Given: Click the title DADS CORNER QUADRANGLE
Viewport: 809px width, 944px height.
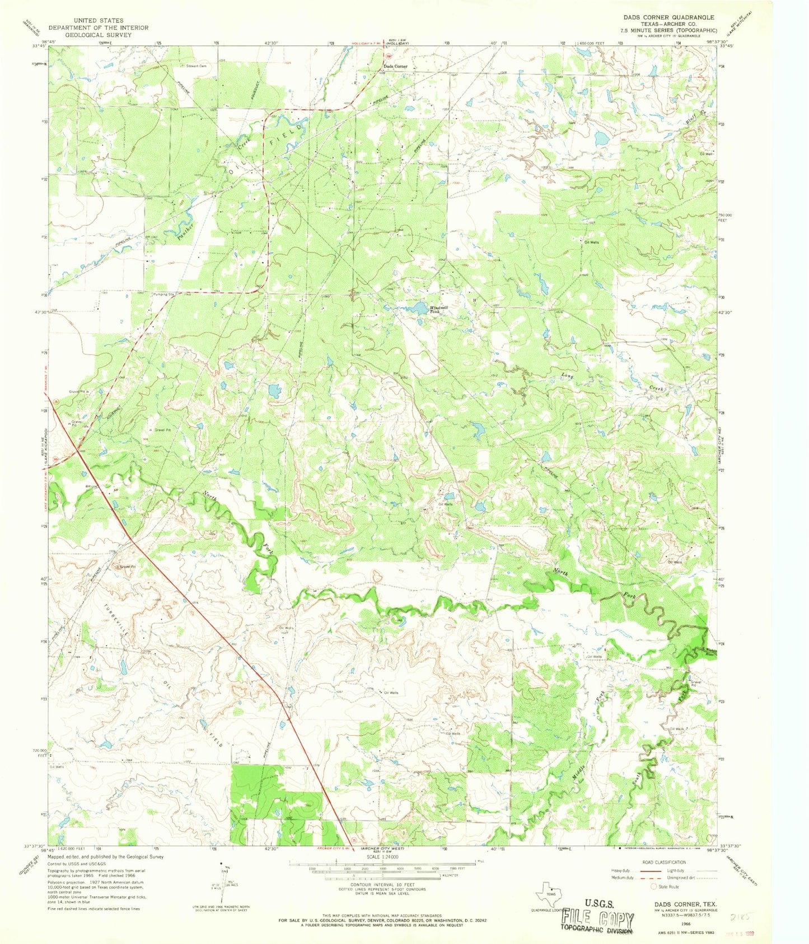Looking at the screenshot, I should tap(663, 17).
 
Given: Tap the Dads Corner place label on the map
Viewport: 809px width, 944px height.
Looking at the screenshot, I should tap(395, 66).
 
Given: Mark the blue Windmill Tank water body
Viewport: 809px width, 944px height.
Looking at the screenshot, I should tap(420, 307).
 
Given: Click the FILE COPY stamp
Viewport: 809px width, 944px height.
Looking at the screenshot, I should tap(598, 918).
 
